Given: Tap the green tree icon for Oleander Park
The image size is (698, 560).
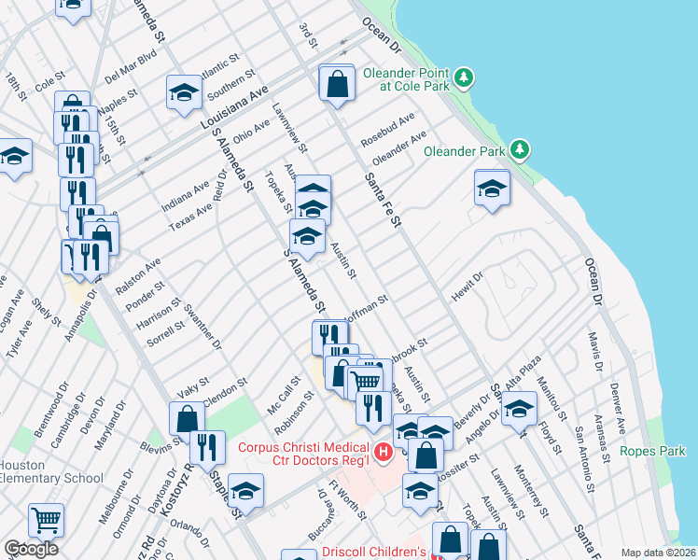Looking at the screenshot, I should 520,149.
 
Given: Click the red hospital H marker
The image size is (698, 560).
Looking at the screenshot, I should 383,454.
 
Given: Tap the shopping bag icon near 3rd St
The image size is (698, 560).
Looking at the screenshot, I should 336,85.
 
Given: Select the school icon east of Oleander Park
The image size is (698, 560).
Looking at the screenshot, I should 491,190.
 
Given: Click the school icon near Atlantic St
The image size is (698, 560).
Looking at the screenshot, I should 185,92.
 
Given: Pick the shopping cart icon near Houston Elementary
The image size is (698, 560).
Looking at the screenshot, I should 46,520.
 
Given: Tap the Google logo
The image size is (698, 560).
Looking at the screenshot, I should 31,549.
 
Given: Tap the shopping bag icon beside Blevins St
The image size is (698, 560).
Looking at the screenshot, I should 187,419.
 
